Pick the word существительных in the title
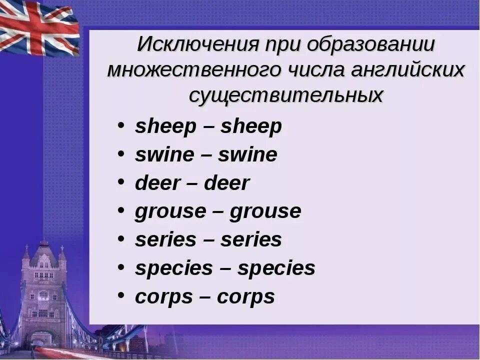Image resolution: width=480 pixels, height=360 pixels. click(285, 95)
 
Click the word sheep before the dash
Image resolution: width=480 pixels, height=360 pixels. click(165, 126)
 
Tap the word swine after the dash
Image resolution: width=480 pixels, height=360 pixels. click(247, 155)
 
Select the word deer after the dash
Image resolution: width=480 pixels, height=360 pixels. click(226, 183)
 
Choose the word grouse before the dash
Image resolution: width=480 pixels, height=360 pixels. click(170, 211)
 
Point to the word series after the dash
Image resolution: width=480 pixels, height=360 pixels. click(251, 240)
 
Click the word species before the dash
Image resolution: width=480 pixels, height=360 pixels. click(173, 268)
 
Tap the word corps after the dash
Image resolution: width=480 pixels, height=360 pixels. click(245, 297)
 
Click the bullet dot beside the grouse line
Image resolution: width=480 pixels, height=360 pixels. click(121, 210)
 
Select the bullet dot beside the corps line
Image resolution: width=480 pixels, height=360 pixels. click(121, 295)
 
